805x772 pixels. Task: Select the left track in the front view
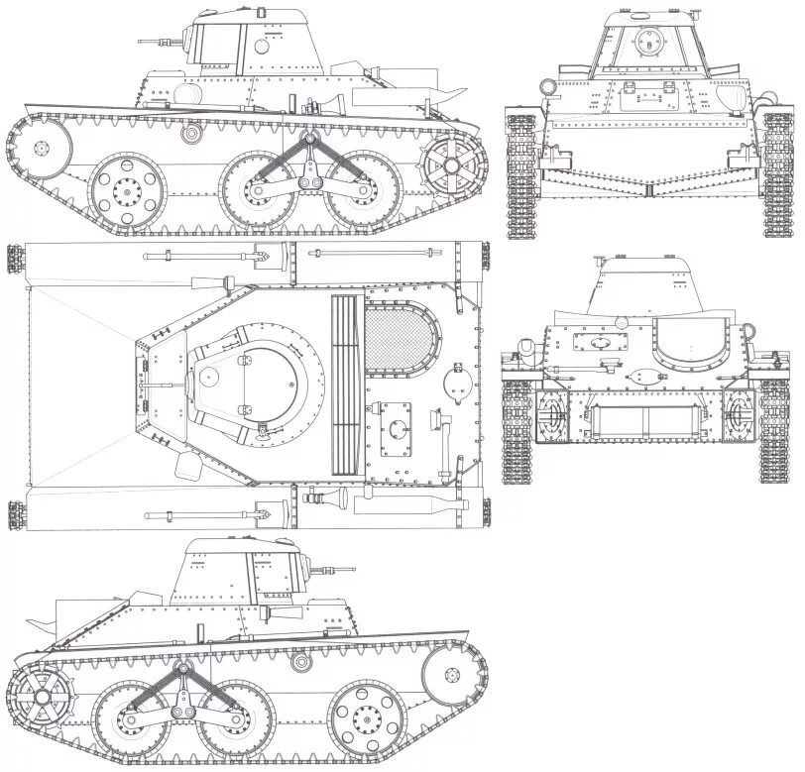pos(520,176)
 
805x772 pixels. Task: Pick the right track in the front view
pos(776,176)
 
